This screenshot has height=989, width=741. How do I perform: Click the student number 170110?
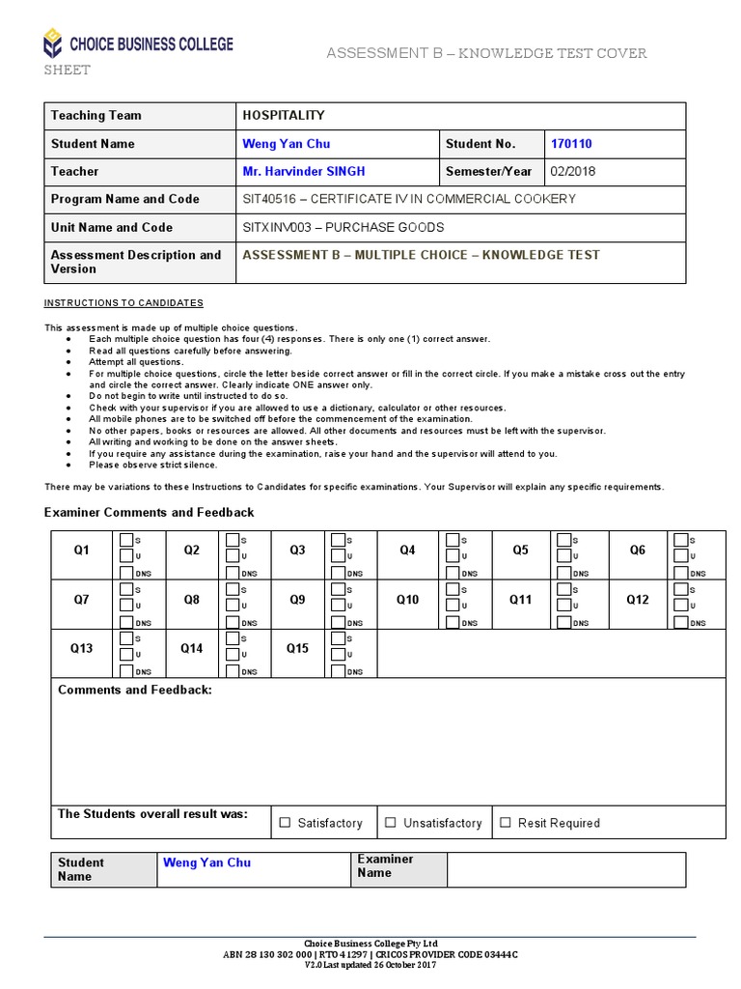pos(571,144)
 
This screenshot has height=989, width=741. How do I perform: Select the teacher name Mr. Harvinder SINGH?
pos(304,171)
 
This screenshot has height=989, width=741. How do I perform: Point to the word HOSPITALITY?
pos(284,116)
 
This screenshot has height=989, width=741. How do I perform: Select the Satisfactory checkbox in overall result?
pos(285,823)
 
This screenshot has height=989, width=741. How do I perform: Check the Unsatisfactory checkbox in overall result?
pos(391,823)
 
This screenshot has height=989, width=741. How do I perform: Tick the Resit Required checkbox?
pos(505,823)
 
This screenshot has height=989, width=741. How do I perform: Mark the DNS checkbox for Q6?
pos(681,572)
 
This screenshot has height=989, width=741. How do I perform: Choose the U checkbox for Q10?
pos(452,605)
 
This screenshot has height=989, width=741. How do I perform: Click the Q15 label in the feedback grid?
pos(297,648)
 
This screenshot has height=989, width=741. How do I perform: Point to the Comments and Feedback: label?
pos(135,690)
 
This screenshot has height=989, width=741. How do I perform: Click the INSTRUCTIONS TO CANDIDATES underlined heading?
pos(123,302)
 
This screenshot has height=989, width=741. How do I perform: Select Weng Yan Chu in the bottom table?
pos(206,862)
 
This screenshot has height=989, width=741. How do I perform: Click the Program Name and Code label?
pos(125,199)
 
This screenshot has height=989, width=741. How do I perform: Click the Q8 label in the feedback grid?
pos(192,600)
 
